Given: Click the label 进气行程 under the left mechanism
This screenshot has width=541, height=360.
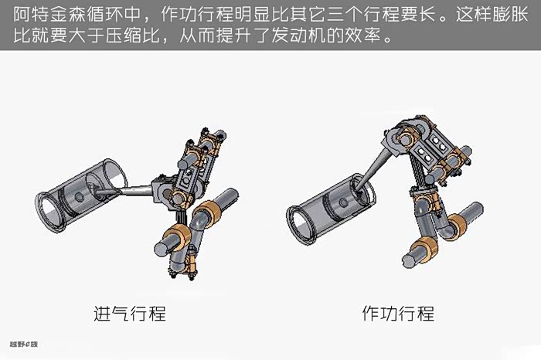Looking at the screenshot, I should (x=129, y=314).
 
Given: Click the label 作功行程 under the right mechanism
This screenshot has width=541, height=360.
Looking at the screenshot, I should (x=397, y=314).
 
